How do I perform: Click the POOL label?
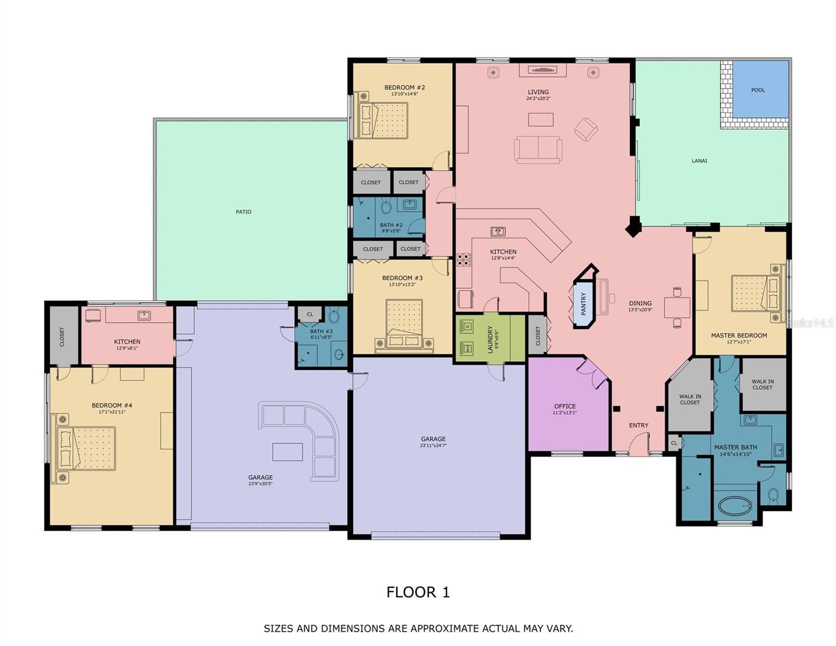757,90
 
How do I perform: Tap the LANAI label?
699,161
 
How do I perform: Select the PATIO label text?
243,212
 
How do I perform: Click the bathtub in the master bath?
734,507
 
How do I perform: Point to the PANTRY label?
583,304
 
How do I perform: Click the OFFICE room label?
565,406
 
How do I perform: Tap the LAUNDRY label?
490,339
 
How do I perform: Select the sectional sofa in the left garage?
300,440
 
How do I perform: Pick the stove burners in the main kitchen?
463,260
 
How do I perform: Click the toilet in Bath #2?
386,207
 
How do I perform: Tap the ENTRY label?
638,425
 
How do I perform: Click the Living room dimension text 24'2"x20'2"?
538,99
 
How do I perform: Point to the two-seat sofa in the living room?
538,149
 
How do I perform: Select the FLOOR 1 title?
418,592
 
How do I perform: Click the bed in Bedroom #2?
381,115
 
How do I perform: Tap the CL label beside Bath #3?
310,314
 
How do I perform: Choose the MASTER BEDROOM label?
739,335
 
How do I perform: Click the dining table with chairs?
677,307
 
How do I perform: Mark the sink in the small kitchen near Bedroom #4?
144,315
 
